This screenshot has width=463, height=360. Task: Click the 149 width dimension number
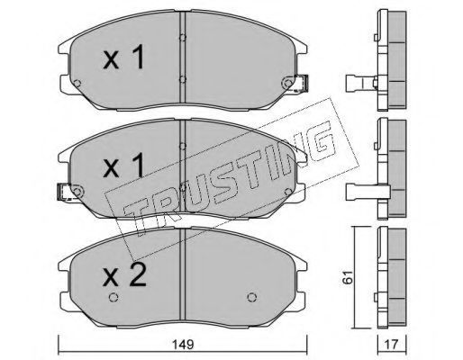click(183, 344)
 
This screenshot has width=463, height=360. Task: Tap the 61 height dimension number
click(348, 277)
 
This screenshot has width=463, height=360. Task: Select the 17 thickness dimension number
click(391, 344)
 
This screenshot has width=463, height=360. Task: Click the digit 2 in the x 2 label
click(137, 274)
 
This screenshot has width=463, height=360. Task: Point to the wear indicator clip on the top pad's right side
click(302, 83)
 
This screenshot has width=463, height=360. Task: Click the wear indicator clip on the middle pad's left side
click(64, 192)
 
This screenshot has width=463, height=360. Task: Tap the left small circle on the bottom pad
click(113, 297)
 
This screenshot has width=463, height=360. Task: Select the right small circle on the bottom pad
click(252, 297)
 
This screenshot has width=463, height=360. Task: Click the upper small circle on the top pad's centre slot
click(182, 38)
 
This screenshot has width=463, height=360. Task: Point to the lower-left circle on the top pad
click(77, 83)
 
